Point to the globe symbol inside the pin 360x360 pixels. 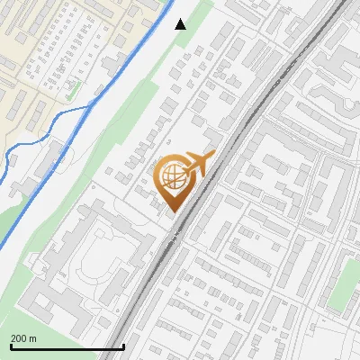click(x=171, y=177)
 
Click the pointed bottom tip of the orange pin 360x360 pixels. click(x=172, y=212)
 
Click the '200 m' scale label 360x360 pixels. click(x=23, y=337)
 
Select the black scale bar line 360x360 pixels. click(x=67, y=346)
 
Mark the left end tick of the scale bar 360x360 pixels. click(x=10, y=345)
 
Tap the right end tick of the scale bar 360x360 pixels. click(x=123, y=345)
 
